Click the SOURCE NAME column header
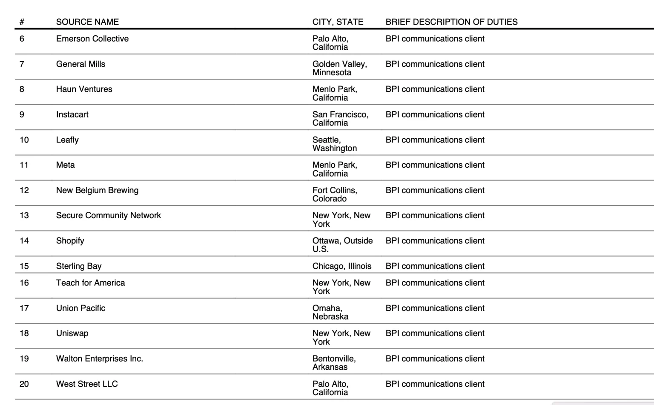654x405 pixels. pos(87,22)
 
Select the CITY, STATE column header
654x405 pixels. pos(338,22)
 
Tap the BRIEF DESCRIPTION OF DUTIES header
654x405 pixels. pos(451,22)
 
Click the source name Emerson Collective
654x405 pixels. pos(92,39)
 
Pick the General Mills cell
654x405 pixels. pos(80,64)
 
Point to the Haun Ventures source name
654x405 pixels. pos(84,89)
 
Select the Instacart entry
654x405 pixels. pos(72,114)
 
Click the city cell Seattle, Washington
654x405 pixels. pos(335,144)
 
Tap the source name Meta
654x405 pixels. pos(65,165)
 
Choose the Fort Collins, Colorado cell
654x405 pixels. pos(335,194)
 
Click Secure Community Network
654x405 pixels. pos(108,215)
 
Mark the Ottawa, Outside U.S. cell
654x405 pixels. pos(342,245)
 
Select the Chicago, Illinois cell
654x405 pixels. pos(341,266)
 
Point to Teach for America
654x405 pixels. pos(90,283)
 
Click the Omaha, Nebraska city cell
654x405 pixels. pos(330,312)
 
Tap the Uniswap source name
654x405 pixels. pos(72,333)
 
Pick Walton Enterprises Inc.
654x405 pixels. pos(99,359)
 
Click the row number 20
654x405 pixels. pos(24,384)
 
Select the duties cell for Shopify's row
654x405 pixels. pos(435,241)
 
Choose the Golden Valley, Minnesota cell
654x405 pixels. pos(339,68)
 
